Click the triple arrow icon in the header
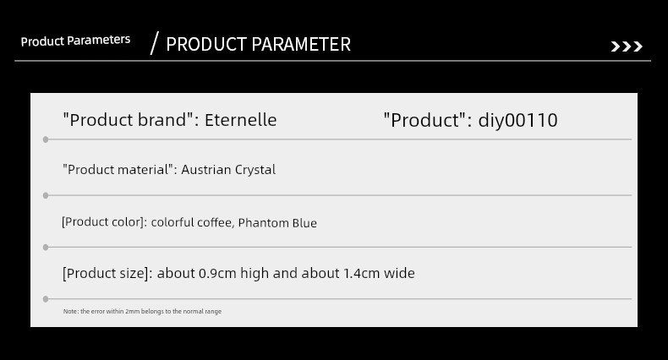pos(627,46)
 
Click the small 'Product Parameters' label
pos(75,41)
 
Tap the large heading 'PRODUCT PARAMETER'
pos(258,44)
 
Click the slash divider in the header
pos(154,43)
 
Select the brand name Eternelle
pos(241,120)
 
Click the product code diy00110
pos(517,121)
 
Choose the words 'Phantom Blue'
pos(277,223)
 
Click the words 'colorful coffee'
pos(192,222)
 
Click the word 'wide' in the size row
pos(399,273)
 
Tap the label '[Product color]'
pos(104,222)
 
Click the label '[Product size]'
pos(107,273)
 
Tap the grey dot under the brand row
pos(46,139)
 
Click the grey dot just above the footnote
pos(46,299)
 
